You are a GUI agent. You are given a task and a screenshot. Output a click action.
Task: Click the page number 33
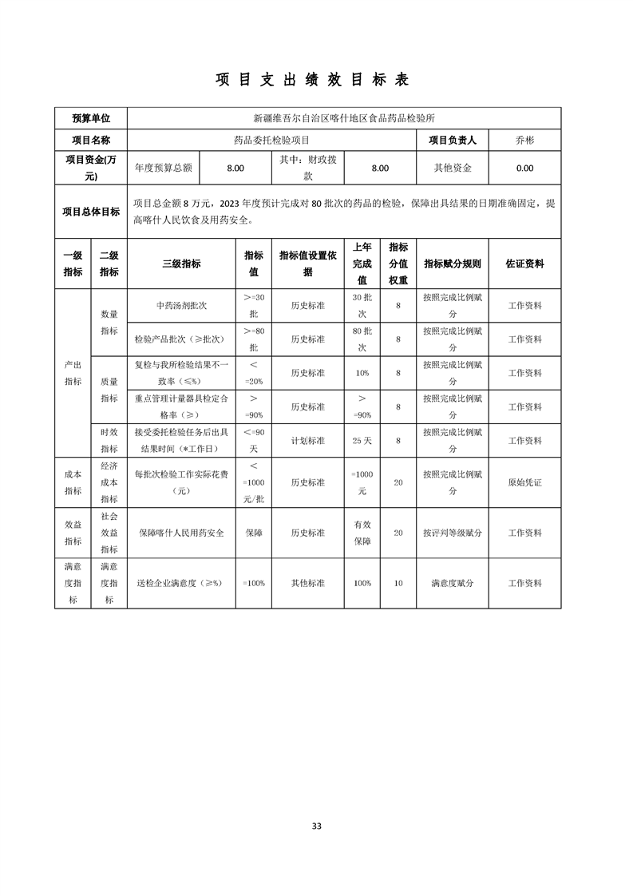(x=316, y=826)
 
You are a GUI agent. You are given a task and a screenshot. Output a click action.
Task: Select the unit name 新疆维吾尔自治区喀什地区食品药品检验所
(x=343, y=118)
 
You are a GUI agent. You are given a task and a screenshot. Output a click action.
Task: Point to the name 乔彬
(x=524, y=141)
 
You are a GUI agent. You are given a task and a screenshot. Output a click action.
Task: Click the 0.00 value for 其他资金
(x=524, y=168)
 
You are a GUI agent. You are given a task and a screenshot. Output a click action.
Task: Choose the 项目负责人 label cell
(x=453, y=141)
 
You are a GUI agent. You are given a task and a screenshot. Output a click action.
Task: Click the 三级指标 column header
(x=181, y=264)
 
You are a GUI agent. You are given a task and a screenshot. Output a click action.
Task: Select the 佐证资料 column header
(x=524, y=264)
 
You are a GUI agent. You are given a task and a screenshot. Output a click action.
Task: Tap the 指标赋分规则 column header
(x=453, y=264)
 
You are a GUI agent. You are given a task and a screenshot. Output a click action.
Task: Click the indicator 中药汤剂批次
(x=181, y=306)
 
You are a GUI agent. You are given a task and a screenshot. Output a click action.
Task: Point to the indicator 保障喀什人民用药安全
(x=181, y=533)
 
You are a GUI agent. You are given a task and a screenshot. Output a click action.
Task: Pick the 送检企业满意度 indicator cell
(x=181, y=583)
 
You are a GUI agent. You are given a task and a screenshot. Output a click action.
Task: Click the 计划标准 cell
(x=307, y=441)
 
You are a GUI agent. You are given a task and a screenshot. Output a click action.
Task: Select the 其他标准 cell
(x=307, y=583)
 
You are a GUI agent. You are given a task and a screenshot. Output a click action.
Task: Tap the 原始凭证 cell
(x=524, y=482)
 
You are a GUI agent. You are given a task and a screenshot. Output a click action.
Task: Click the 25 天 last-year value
(x=362, y=441)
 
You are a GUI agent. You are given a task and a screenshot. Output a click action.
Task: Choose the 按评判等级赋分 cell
(x=453, y=533)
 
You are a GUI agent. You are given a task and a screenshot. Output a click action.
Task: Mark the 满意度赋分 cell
(x=453, y=583)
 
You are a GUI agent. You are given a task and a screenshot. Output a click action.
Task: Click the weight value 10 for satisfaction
(x=398, y=583)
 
